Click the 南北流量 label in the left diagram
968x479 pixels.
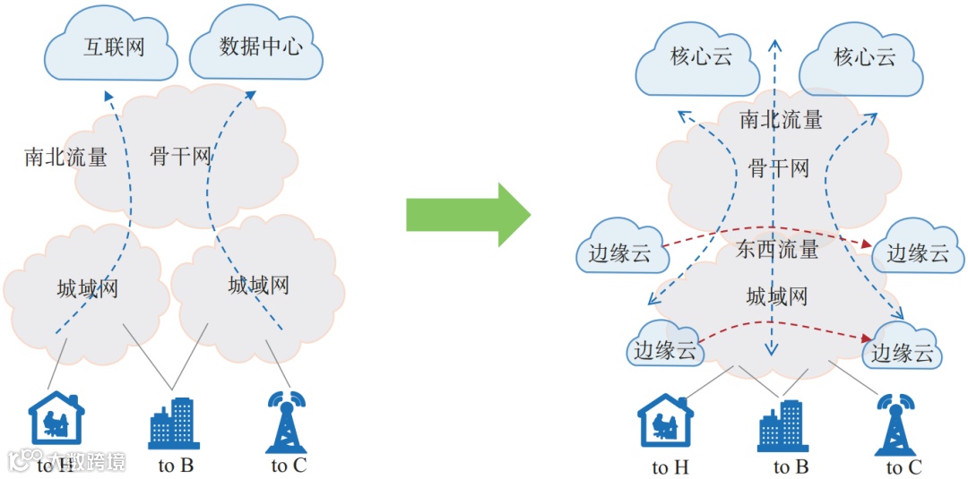coord(65,158)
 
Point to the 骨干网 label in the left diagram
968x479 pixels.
coord(180,158)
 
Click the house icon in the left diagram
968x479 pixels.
coord(56,418)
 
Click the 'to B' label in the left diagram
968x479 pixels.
coord(176,465)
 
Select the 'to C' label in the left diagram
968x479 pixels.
coord(289,465)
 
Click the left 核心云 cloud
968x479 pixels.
coord(700,58)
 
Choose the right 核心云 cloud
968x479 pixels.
coord(863,59)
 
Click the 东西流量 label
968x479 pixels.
coord(777,250)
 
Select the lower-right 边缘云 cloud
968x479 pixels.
coord(903,352)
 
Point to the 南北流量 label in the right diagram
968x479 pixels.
coord(781,119)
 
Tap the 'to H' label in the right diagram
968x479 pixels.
coord(670,467)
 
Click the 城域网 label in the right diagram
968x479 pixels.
coord(776,295)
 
